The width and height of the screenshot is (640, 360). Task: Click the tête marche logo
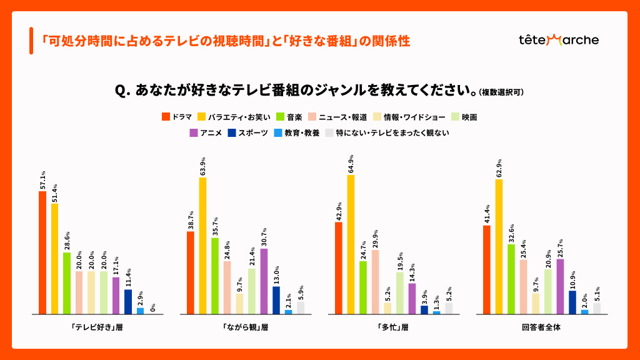pyautogui.click(x=558, y=40)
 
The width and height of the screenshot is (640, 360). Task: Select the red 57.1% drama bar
pyautogui.click(x=42, y=252)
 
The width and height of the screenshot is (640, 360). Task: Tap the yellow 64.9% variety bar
pyautogui.click(x=351, y=244)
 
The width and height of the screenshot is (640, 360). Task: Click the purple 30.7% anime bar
pyautogui.click(x=264, y=281)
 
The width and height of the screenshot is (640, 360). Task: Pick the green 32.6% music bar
pyautogui.click(x=511, y=279)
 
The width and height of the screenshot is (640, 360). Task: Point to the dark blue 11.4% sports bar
pyautogui.click(x=128, y=301)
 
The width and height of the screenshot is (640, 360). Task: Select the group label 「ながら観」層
pyautogui.click(x=245, y=327)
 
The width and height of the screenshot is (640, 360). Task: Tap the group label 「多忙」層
pyautogui.click(x=392, y=327)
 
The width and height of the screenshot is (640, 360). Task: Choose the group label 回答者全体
pyautogui.click(x=541, y=327)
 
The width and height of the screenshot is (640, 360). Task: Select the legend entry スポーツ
pyautogui.click(x=248, y=132)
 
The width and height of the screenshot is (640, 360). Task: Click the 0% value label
pyautogui.click(x=152, y=307)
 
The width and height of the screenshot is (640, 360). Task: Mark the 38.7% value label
pyautogui.click(x=190, y=221)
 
